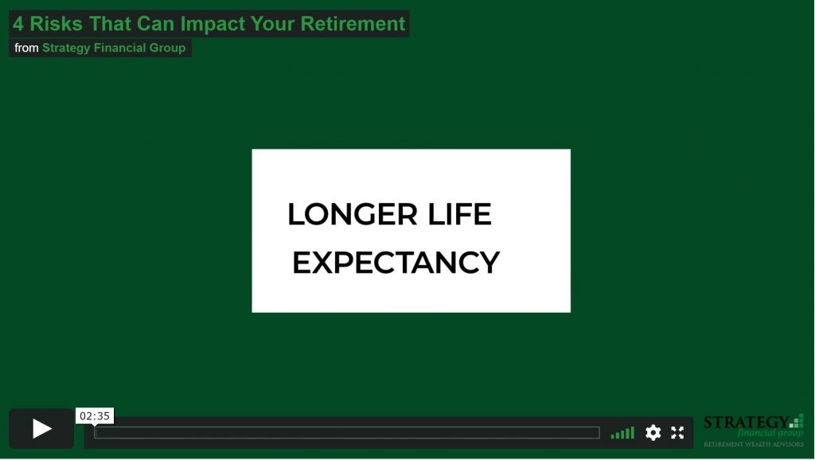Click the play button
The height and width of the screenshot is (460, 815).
pyautogui.click(x=41, y=429)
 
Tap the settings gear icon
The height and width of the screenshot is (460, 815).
pyautogui.click(x=653, y=432)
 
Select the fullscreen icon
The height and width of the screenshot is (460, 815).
pyautogui.click(x=677, y=432)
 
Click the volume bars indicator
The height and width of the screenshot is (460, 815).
pyautogui.click(x=622, y=433)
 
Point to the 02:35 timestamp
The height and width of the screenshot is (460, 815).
pyautogui.click(x=95, y=415)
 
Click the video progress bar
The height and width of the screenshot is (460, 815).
pyautogui.click(x=347, y=432)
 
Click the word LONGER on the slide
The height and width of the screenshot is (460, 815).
pyautogui.click(x=353, y=214)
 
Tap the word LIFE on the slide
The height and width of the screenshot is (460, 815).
pyautogui.click(x=459, y=214)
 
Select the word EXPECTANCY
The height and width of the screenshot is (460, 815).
pyautogui.click(x=396, y=263)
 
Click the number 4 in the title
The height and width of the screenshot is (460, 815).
pyautogui.click(x=18, y=24)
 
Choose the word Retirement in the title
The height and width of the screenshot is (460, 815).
pyautogui.click(x=353, y=24)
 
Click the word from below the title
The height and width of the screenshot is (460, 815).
pyautogui.click(x=26, y=48)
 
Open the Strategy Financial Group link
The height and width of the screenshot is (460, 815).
pyautogui.click(x=114, y=48)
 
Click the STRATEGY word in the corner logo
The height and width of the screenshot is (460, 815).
pyautogui.click(x=746, y=422)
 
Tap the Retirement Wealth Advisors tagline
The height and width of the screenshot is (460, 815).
pyautogui.click(x=754, y=444)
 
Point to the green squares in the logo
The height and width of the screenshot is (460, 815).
pyautogui.click(x=797, y=421)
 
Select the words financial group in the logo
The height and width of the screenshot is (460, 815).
pyautogui.click(x=770, y=433)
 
